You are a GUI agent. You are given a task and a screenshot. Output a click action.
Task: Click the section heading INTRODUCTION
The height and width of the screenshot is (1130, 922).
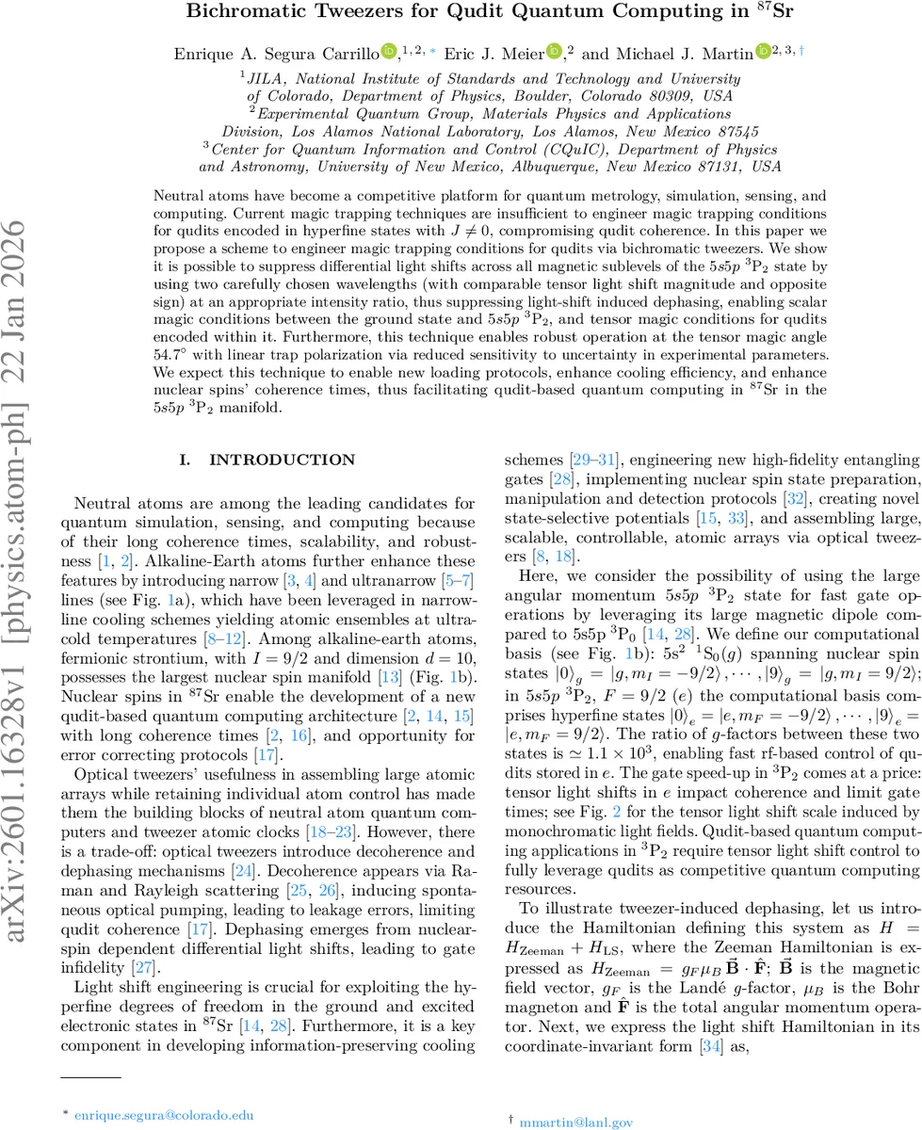(x=283, y=460)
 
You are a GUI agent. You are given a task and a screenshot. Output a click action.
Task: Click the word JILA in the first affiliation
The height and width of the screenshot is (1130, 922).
(x=266, y=80)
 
